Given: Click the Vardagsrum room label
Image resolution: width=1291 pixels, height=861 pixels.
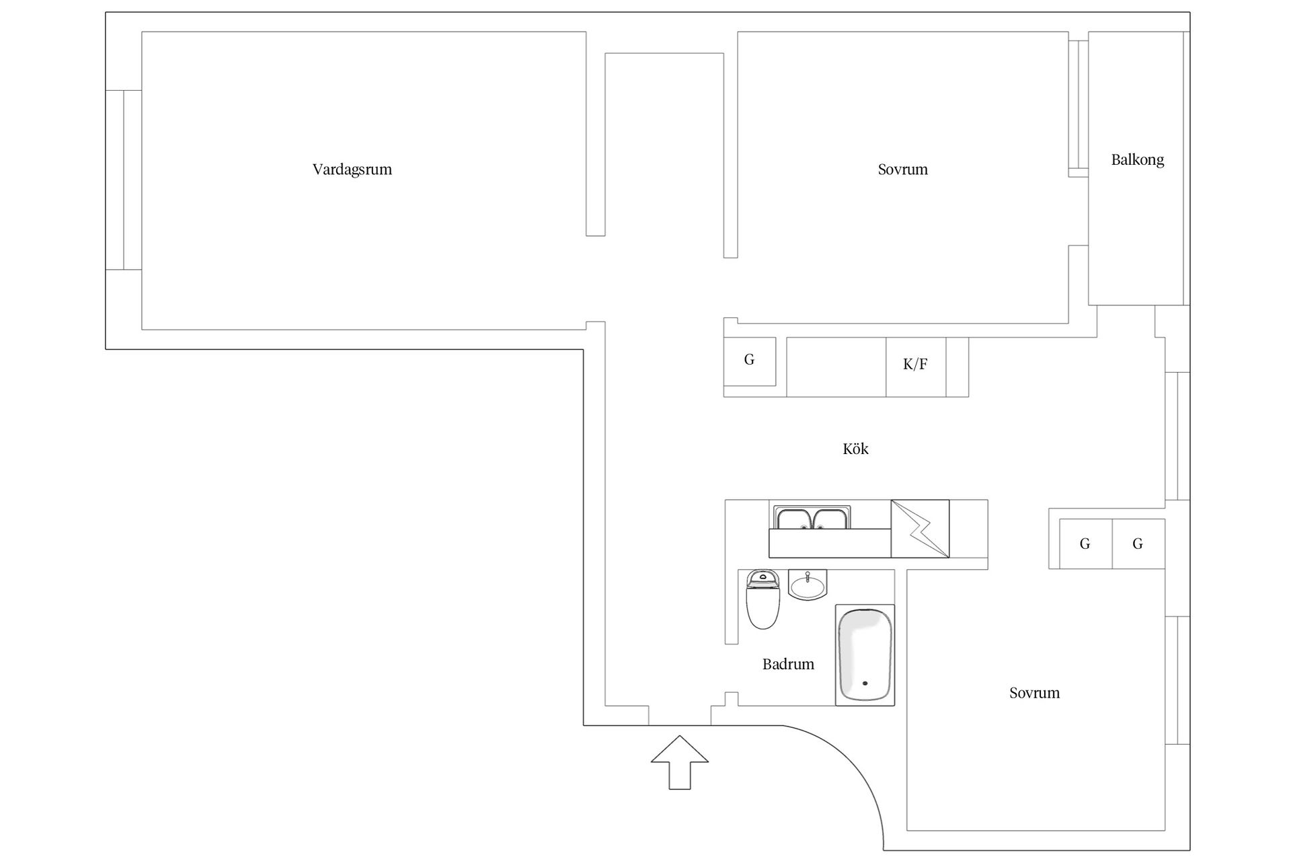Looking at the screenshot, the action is click(x=352, y=170).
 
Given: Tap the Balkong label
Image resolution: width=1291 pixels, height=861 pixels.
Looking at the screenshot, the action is click(x=1137, y=160).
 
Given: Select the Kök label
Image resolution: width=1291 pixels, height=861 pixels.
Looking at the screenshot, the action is click(x=855, y=449).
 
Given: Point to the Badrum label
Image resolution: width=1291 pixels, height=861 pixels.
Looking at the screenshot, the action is click(x=788, y=665).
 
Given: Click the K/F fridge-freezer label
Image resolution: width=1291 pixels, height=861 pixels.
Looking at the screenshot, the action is click(x=915, y=364).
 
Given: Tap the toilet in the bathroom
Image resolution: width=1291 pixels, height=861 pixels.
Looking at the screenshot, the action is click(x=762, y=599).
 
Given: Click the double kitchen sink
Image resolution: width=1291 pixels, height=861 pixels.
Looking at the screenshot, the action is click(x=812, y=519).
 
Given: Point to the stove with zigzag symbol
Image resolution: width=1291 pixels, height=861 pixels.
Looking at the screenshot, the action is click(x=920, y=529).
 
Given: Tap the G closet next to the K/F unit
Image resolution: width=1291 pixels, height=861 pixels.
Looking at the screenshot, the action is click(x=750, y=361).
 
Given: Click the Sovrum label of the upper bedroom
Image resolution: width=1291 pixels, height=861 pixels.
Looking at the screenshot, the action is click(x=902, y=170).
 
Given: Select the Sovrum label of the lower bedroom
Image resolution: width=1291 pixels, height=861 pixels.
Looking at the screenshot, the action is click(x=1034, y=693).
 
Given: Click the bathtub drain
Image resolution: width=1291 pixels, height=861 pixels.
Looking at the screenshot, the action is click(x=865, y=683).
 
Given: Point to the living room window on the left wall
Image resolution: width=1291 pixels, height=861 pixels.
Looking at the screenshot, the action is click(x=124, y=180).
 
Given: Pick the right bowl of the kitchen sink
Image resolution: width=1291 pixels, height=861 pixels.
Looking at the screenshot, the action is click(x=830, y=519).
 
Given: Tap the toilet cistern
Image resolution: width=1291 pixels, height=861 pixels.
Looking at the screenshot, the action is click(x=762, y=578).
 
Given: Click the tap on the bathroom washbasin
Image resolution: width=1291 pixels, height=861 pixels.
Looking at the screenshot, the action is click(x=808, y=576).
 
